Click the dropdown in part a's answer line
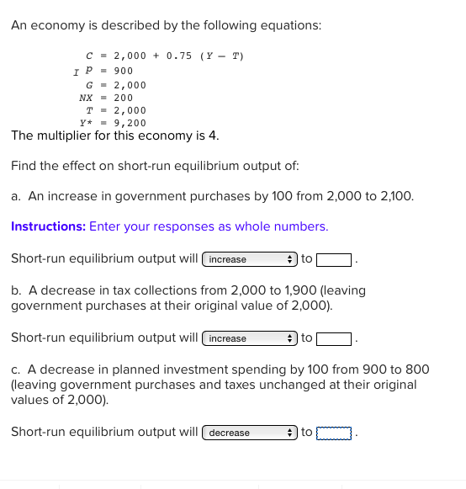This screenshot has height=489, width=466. (x=249, y=259)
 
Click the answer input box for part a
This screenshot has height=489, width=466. (x=333, y=259)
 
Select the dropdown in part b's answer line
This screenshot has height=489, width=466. (x=249, y=338)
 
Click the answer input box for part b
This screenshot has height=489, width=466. (x=333, y=338)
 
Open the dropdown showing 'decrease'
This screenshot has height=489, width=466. (x=249, y=433)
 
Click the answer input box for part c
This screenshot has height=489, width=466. (x=333, y=433)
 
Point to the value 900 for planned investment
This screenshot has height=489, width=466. (x=123, y=71)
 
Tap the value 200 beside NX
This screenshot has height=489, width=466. (x=123, y=98)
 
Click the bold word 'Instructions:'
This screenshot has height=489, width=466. (x=48, y=226)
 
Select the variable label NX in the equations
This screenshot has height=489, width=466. (x=85, y=98)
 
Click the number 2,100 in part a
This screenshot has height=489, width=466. (x=394, y=196)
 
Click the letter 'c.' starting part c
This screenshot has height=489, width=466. (x=16, y=369)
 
